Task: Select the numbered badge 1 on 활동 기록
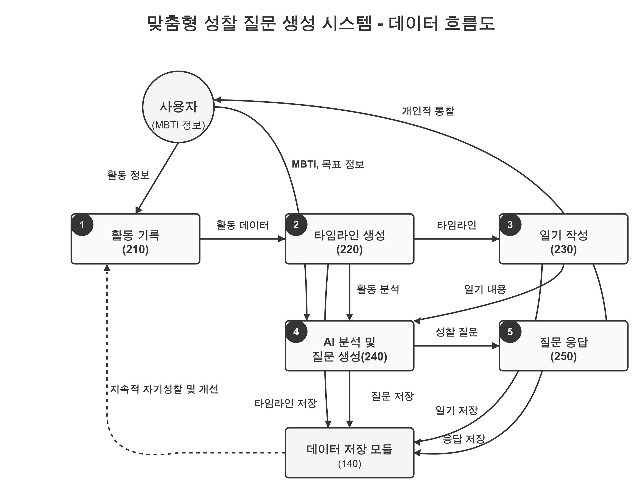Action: click(x=82, y=225)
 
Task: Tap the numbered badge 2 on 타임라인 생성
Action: click(x=296, y=225)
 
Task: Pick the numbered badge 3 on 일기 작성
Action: click(x=510, y=225)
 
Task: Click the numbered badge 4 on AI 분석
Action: click(x=296, y=332)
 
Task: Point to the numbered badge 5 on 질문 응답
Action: click(x=510, y=332)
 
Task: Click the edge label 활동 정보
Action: click(x=128, y=175)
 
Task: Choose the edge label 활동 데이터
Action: click(x=242, y=225)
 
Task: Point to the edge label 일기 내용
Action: click(x=485, y=289)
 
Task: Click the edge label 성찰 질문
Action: click(x=457, y=332)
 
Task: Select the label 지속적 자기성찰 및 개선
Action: click(x=164, y=389)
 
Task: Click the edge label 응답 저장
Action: click(x=463, y=439)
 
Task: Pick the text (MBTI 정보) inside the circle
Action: click(x=178, y=125)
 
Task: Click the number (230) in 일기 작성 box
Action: click(x=563, y=249)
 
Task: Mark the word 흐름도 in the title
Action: click(x=469, y=23)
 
